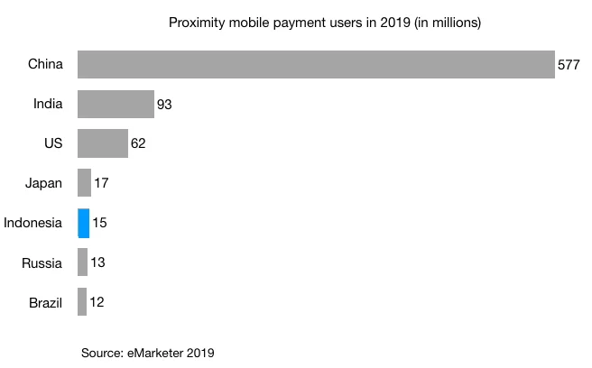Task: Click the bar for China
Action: [x=316, y=64]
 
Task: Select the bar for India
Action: [x=116, y=104]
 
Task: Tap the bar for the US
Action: [x=103, y=143]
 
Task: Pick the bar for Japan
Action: [x=84, y=183]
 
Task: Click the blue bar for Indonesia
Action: [x=83, y=223]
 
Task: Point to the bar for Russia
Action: [x=82, y=262]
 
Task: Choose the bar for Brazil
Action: [x=82, y=302]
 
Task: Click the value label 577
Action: [x=569, y=65]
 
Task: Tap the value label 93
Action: [x=164, y=105]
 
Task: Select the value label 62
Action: [x=138, y=144]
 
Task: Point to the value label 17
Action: [x=101, y=184]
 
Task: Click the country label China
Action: [x=45, y=64]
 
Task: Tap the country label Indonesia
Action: [x=33, y=223]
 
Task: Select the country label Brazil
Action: [x=44, y=302]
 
